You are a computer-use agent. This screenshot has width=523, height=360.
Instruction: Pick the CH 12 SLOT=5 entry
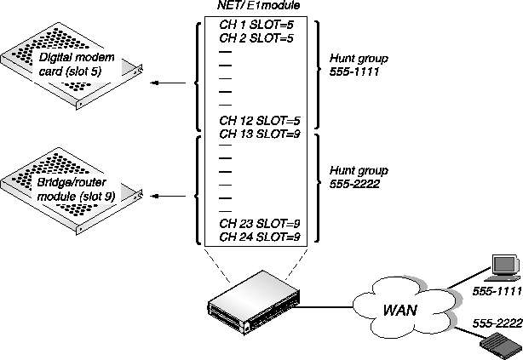coord(257,120)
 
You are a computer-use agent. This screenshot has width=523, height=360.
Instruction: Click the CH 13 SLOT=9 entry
coord(257,133)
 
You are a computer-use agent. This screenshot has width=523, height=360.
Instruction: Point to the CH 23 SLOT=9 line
coord(257,223)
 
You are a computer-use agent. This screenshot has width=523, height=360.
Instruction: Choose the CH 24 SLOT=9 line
coord(257,236)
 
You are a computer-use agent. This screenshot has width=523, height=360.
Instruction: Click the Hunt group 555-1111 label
coord(359,66)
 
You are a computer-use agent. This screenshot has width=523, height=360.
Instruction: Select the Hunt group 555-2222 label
coord(359,176)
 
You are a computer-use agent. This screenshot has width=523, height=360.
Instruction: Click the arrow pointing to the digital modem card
coord(171,83)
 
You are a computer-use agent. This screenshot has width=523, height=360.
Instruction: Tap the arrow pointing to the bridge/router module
coord(171,195)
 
